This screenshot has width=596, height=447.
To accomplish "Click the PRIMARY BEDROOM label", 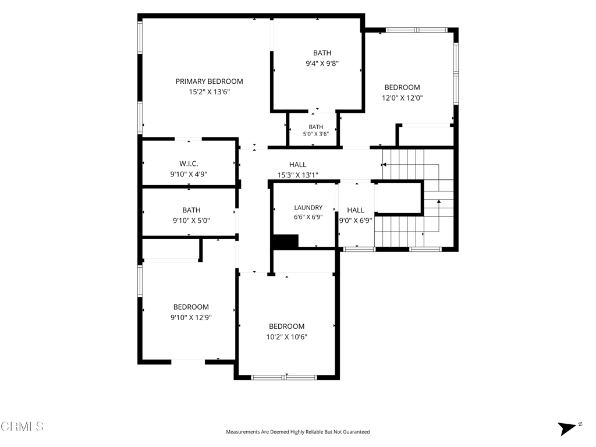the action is click(209, 81).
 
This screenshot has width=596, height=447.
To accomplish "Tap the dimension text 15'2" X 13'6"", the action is click(210, 91).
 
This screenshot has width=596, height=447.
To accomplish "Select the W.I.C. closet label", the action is click(189, 164).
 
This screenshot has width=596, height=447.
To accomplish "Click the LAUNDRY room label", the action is click(308, 208).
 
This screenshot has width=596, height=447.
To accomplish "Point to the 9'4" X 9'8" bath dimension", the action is click(322, 63).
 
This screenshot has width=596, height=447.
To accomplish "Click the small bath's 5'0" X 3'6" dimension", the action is click(316, 134).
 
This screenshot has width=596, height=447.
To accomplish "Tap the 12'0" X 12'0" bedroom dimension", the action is click(402, 98).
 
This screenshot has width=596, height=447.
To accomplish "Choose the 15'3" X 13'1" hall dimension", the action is click(297, 175).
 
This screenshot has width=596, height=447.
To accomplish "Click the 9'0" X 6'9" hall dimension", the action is click(356, 221).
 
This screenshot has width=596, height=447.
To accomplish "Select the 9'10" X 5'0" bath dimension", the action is click(191, 221).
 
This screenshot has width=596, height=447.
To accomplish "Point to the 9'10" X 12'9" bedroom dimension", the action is click(191, 317).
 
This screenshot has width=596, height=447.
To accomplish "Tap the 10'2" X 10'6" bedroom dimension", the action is click(286, 337).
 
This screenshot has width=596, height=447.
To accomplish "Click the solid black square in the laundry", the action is click(286, 242).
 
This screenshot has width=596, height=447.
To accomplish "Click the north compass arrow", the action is click(567, 428).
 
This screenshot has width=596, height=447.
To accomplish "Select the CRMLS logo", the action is click(22, 426).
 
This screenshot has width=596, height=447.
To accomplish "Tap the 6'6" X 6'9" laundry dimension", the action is click(308, 217).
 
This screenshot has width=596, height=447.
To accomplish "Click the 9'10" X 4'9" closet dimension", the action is click(189, 175).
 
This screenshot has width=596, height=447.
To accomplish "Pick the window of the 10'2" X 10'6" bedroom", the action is click(284, 377).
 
